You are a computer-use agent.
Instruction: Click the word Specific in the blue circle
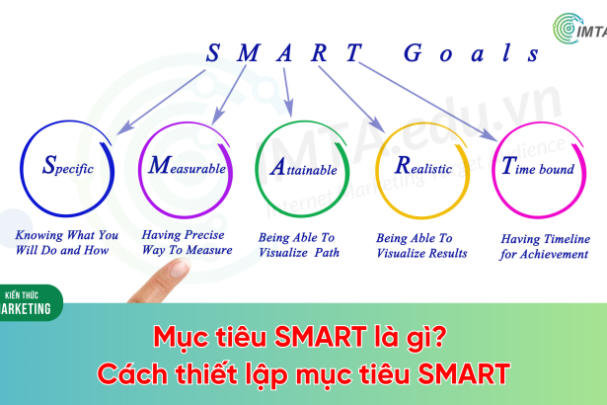coord(68,165)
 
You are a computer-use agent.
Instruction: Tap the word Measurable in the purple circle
coord(187,166)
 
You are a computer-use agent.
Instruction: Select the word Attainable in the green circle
coord(304,167)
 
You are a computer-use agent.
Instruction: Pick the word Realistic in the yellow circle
coord(423,166)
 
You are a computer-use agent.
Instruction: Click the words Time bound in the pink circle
coord(538,166)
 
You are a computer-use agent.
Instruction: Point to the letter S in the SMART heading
coord(213,52)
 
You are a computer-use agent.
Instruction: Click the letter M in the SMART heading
coord(248,52)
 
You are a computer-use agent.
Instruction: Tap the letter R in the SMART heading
coord(320,52)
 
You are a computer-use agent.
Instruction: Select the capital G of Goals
coord(413,52)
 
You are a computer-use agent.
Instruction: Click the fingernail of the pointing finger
coord(179,269)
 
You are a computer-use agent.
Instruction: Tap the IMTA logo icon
coord(568,29)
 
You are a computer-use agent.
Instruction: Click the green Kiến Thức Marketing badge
coord(30,302)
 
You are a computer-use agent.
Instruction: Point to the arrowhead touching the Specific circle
coord(124,128)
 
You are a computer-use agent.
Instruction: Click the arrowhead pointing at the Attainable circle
coord(289,109)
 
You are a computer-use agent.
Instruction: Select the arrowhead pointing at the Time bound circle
coord(490,135)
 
